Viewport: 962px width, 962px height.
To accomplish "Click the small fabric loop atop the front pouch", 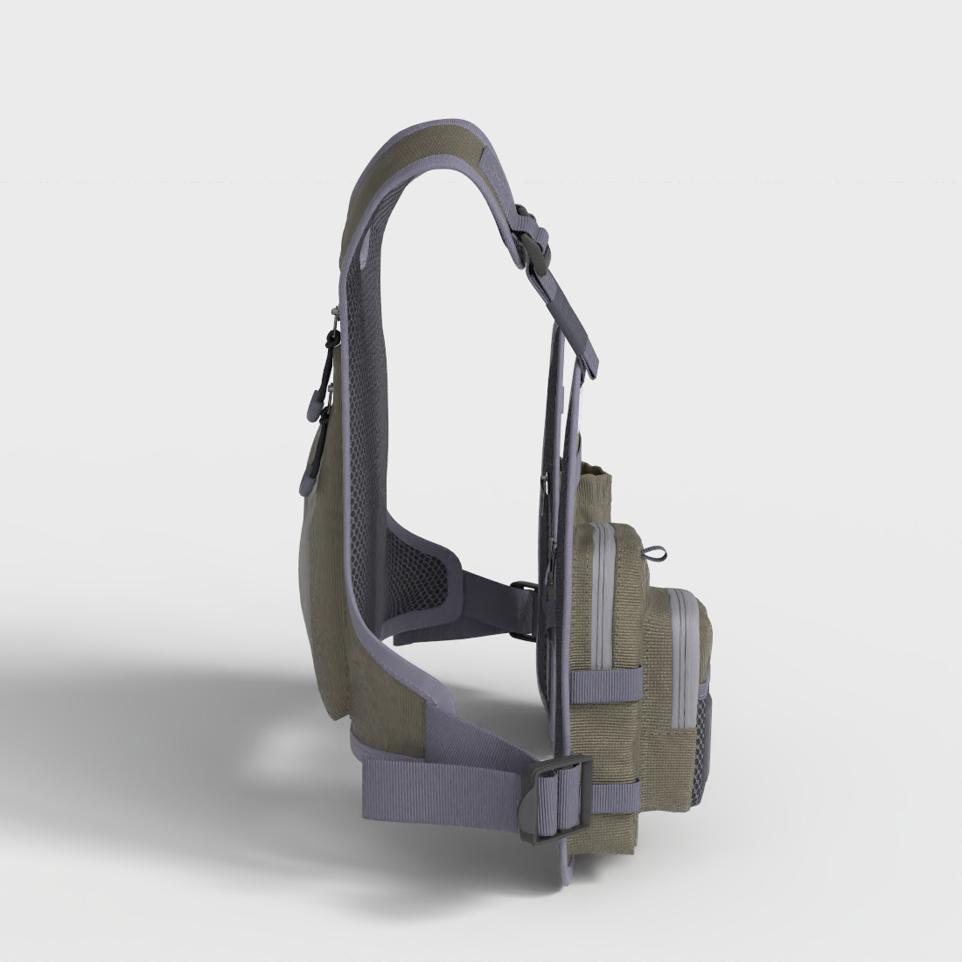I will point(655,553).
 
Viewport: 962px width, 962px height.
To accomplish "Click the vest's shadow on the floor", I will point(175,743).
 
